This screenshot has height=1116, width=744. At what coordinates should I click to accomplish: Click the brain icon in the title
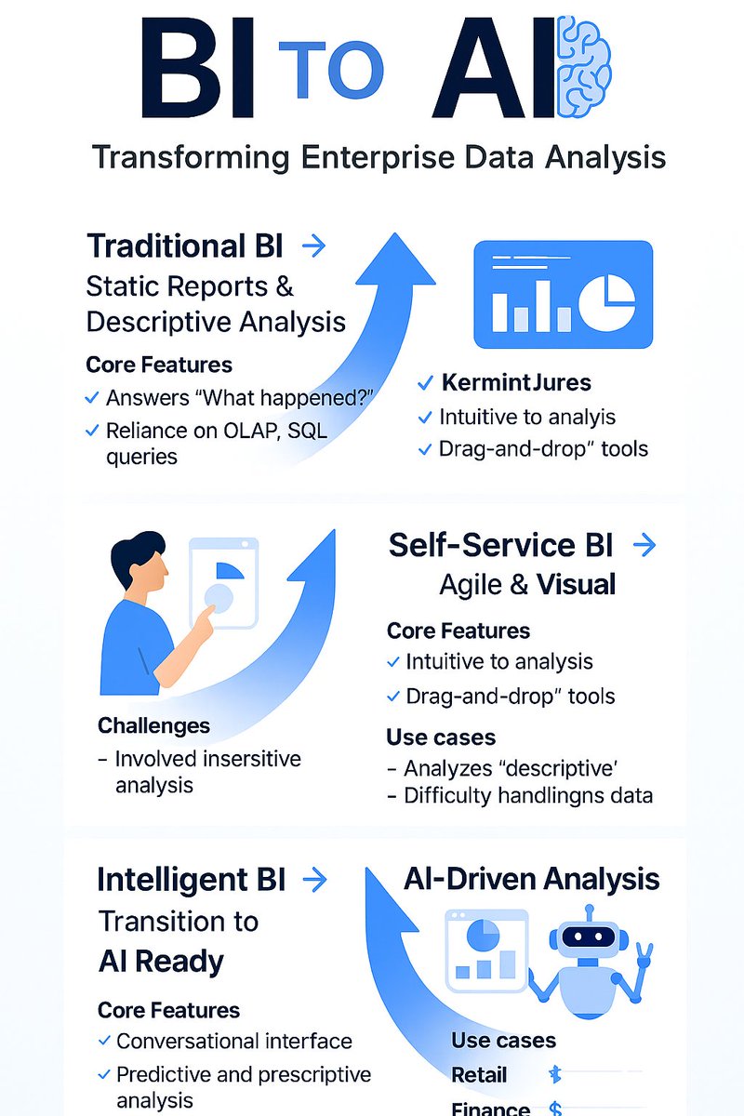[x=582, y=68]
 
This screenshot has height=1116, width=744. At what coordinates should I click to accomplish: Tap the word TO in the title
[x=331, y=70]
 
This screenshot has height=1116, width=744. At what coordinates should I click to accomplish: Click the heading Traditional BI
[x=185, y=246]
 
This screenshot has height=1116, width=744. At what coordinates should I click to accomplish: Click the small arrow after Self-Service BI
[x=644, y=545]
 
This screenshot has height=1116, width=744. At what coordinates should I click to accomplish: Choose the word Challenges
[x=153, y=725]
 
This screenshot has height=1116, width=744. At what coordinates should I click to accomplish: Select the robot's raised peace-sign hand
[x=643, y=957]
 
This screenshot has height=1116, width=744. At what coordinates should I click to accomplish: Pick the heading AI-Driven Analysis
[x=532, y=879]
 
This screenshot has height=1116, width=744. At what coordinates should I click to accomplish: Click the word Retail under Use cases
[x=479, y=1075]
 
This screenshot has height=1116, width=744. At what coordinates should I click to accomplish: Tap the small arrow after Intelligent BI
[x=315, y=880]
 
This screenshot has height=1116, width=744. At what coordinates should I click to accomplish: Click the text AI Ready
[x=161, y=962]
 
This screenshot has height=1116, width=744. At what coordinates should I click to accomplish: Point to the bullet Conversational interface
[x=233, y=1042]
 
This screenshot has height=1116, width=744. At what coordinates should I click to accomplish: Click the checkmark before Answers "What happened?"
[x=92, y=398]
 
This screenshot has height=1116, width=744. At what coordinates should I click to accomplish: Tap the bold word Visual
[x=576, y=585]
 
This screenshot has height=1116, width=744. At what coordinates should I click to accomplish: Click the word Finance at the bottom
[x=490, y=1109]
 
